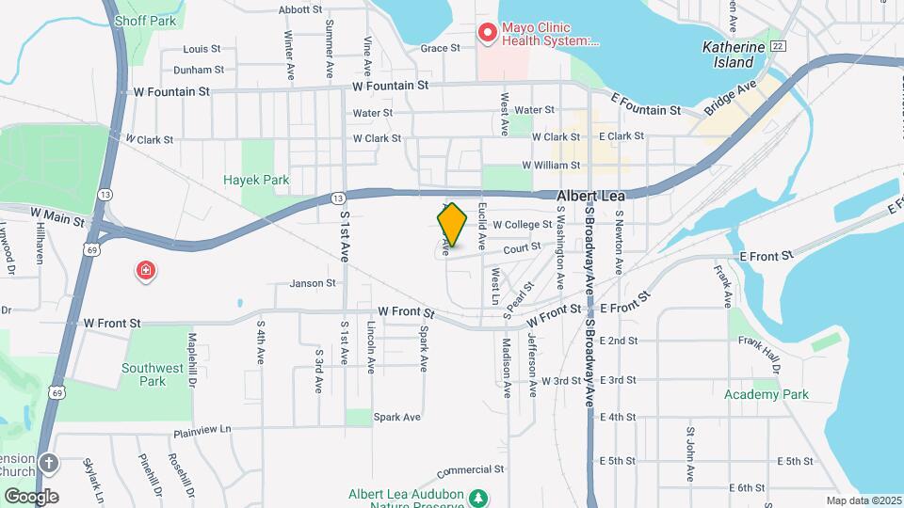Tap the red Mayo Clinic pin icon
click(488, 34)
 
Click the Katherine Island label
click(729, 55)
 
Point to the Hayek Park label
click(256, 180)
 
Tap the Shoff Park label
click(145, 19)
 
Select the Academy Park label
click(767, 394)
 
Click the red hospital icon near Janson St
click(146, 272)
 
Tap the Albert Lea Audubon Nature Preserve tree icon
click(479, 497)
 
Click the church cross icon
click(48, 463)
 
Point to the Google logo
click(31, 496)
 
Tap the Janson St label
click(313, 282)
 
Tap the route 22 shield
click(777, 46)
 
